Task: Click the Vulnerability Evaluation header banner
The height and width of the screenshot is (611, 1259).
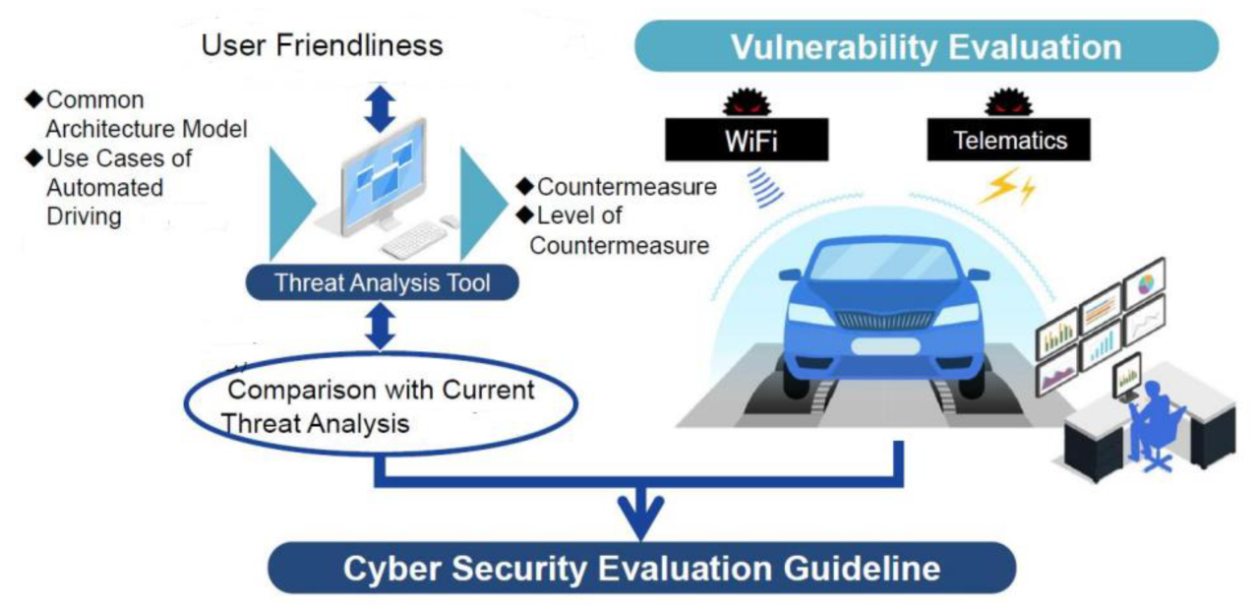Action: tap(926, 46)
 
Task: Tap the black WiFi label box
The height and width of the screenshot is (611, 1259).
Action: tap(749, 140)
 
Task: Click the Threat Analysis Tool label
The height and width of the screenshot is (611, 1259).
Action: tap(382, 283)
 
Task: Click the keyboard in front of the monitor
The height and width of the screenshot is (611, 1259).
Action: tap(413, 239)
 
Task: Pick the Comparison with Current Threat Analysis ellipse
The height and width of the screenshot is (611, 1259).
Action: tap(381, 405)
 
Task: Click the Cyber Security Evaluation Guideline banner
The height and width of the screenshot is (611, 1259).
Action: tap(641, 569)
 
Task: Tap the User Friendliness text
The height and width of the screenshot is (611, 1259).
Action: tap(322, 44)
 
